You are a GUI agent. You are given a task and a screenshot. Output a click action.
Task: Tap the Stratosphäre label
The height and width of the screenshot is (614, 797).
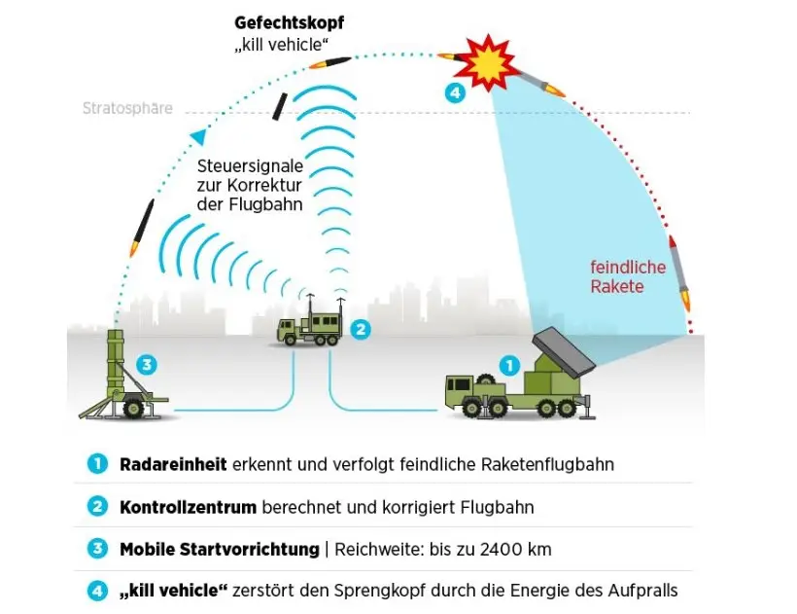127,108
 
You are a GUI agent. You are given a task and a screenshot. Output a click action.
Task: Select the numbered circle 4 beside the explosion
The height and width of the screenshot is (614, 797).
454,93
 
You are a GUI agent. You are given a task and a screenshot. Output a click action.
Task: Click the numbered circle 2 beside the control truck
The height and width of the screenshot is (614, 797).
360,329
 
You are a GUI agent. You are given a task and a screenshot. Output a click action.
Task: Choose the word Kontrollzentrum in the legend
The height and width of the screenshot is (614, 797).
188,507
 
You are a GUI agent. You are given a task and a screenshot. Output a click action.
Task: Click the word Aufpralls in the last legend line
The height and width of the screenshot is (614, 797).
641,591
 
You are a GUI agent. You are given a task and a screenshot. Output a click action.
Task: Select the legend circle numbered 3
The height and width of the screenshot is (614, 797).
96,549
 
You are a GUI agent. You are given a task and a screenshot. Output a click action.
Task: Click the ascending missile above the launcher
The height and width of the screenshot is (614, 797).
143,226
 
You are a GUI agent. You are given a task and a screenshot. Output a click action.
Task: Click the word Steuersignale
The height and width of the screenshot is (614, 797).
249,165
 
